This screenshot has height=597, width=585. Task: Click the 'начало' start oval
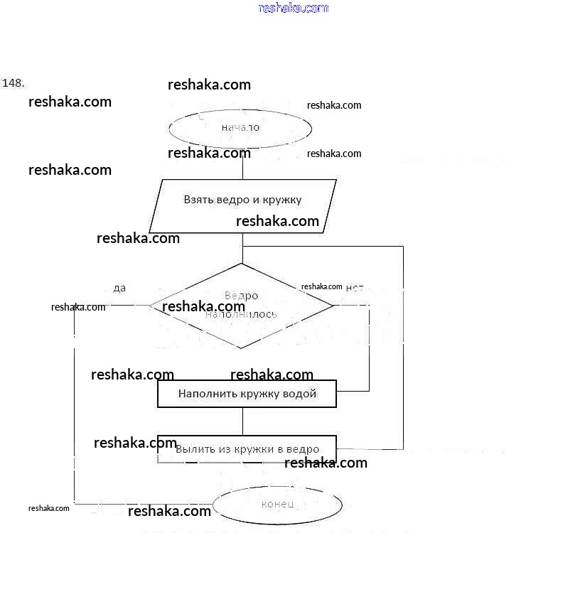240,128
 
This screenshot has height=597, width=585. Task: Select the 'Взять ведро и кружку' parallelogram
243,206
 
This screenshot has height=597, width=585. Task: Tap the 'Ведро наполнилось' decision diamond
241,306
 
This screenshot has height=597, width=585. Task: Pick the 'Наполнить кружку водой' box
247,393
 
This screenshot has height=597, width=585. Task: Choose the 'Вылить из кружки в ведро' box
247,449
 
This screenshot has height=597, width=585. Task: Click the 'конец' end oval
277,504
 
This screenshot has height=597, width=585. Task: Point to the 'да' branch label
119,288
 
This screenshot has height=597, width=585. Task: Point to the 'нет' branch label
354,288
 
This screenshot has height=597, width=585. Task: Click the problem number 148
14,82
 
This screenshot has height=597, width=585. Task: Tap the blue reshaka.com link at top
294,8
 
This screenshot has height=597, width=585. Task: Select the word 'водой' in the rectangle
300,393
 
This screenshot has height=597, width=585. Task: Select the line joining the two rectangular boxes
242,421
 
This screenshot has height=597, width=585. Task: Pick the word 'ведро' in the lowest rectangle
303,449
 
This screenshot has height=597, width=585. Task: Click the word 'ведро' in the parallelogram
232,200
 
